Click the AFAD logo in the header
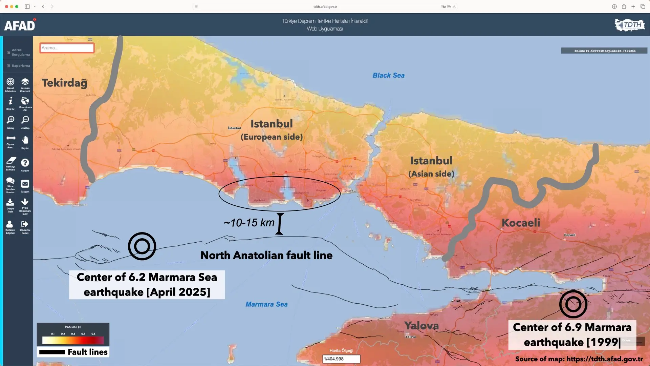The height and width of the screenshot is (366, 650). pyautogui.click(x=20, y=25)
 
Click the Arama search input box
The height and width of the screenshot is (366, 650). pyautogui.click(x=67, y=48)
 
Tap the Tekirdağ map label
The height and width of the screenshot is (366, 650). pyautogui.click(x=64, y=83)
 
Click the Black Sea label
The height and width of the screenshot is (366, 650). pyautogui.click(x=388, y=75)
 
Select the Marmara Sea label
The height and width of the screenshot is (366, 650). pyautogui.click(x=266, y=304)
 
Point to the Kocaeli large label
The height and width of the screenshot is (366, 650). pyautogui.click(x=521, y=223)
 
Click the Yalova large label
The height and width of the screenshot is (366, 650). pyautogui.click(x=421, y=326)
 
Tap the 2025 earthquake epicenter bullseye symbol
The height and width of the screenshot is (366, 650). pyautogui.click(x=142, y=246)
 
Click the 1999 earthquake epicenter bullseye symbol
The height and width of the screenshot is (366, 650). pyautogui.click(x=573, y=304)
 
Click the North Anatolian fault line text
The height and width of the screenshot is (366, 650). pyautogui.click(x=266, y=255)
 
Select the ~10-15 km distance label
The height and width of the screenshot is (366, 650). pyautogui.click(x=249, y=223)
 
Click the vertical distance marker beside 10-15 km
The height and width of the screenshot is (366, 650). pyautogui.click(x=280, y=224)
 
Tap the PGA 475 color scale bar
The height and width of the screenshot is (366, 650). pyautogui.click(x=73, y=340)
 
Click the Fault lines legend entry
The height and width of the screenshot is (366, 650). pyautogui.click(x=73, y=352)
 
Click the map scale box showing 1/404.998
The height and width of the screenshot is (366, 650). pyautogui.click(x=341, y=359)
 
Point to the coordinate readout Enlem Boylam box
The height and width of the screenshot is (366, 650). pyautogui.click(x=604, y=51)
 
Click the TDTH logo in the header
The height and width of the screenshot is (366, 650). pyautogui.click(x=630, y=25)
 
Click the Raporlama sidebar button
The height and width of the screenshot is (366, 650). pyautogui.click(x=18, y=66)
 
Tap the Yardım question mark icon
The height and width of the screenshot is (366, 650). pyautogui.click(x=25, y=163)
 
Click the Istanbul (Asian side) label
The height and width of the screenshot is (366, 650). pyautogui.click(x=431, y=166)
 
